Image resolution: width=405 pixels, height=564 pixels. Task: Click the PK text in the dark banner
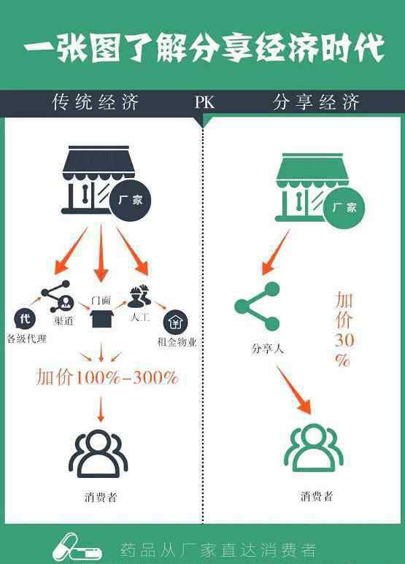coord(204,102)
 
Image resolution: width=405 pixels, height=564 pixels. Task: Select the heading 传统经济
coord(96,102)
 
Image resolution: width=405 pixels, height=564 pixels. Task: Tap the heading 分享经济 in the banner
coord(316,102)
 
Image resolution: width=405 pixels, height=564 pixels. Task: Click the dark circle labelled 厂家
coord(130,201)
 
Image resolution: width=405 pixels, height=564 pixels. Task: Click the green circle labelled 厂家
coord(344,208)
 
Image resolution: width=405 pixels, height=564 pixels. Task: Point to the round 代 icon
coord(25,319)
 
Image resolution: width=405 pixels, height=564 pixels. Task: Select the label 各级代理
coord(27,339)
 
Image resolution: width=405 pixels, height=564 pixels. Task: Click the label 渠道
coord(64,320)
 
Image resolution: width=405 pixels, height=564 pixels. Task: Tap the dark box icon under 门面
coord(101,319)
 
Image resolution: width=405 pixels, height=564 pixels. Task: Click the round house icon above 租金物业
coord(176,322)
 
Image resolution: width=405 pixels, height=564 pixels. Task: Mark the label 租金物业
coord(177,341)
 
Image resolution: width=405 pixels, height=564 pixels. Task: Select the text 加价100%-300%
coord(107,377)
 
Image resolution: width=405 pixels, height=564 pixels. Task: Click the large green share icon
coord(257,306)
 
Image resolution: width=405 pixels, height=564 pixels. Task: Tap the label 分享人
coord(268,348)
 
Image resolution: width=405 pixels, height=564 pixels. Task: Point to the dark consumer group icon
coord(99,454)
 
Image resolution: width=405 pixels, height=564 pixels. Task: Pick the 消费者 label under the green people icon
coord(317,496)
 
